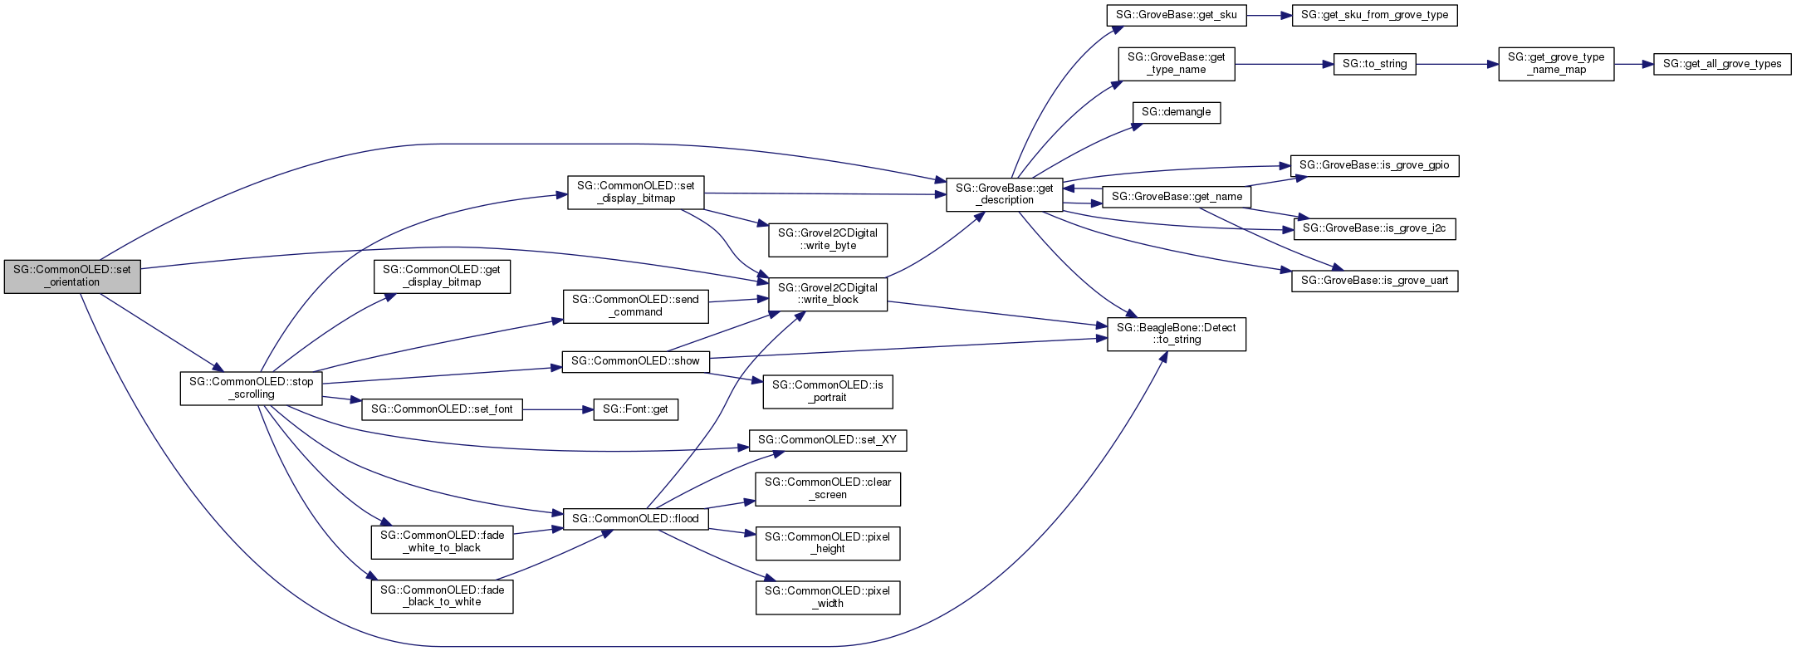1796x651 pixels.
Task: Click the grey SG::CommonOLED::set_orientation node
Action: [x=72, y=276]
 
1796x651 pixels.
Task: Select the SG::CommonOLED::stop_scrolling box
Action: [x=251, y=388]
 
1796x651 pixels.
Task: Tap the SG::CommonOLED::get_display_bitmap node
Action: [x=442, y=276]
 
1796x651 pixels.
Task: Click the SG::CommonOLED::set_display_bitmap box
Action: [x=635, y=192]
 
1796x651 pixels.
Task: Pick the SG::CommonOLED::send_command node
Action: [x=635, y=306]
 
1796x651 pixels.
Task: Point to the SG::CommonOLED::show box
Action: [x=635, y=361]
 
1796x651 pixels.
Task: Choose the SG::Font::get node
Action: [x=635, y=409]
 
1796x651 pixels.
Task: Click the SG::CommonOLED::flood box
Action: [x=635, y=519]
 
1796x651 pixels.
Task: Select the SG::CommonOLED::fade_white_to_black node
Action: [x=442, y=541]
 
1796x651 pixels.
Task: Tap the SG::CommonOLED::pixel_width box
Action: [x=827, y=597]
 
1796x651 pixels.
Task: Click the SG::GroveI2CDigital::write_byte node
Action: [x=827, y=239]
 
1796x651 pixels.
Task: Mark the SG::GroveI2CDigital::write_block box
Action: [x=827, y=294]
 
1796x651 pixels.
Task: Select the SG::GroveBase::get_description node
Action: [x=1004, y=194]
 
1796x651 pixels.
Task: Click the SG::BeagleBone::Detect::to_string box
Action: [x=1176, y=334]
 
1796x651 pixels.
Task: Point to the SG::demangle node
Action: [x=1176, y=112]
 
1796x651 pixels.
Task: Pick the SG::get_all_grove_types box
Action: [x=1721, y=64]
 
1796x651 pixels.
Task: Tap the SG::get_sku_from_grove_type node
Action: [x=1373, y=15]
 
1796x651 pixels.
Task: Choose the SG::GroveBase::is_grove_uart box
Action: [x=1374, y=281]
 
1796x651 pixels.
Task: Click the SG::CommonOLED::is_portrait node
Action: [x=827, y=391]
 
